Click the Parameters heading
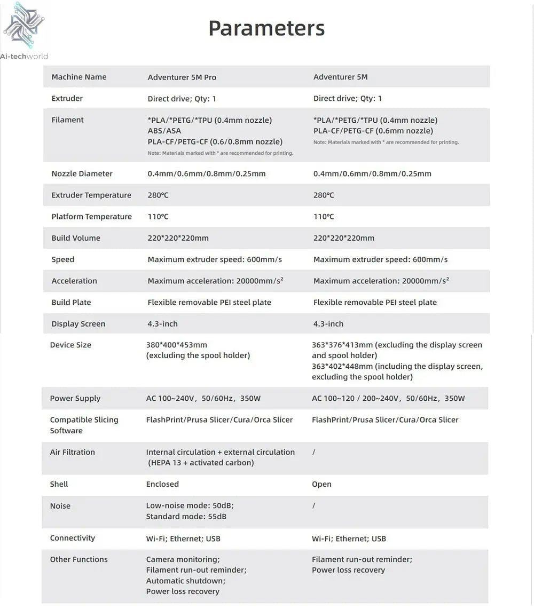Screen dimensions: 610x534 click(x=266, y=28)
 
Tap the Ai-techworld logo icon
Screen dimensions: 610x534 click(x=24, y=25)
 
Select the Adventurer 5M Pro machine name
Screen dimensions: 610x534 click(x=182, y=77)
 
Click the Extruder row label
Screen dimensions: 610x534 click(x=67, y=98)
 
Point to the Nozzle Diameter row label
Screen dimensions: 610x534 click(x=82, y=173)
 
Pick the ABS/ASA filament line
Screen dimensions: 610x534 click(x=164, y=131)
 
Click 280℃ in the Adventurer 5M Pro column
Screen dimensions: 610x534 click(x=158, y=195)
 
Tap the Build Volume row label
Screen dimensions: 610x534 click(x=75, y=238)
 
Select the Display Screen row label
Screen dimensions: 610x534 click(x=78, y=324)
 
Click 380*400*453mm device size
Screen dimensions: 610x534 click(x=176, y=345)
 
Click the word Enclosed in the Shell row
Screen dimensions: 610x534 click(x=162, y=484)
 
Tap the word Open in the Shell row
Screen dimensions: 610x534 click(x=321, y=485)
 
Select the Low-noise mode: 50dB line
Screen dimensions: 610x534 click(x=190, y=506)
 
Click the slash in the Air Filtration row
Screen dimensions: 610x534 click(x=313, y=452)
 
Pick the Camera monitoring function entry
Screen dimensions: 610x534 click(x=183, y=559)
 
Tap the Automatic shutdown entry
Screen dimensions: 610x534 click(x=185, y=581)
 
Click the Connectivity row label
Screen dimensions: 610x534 click(x=72, y=538)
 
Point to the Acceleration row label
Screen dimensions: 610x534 click(x=74, y=281)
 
